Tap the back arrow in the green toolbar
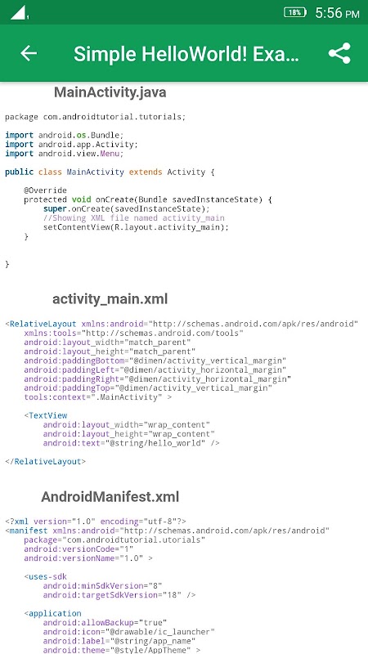[29, 53]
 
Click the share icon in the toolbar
[339, 53]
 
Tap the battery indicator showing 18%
[295, 12]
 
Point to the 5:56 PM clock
[337, 13]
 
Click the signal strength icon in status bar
[19, 12]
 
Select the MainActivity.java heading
[110, 92]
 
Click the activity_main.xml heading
[110, 299]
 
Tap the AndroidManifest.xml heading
[110, 497]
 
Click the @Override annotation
[45, 190]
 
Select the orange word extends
[146, 172]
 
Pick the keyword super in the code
[55, 209]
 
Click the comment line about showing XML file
[134, 218]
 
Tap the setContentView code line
[136, 227]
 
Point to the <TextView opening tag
[46, 415]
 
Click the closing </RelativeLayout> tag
[46, 462]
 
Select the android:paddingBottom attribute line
[155, 361]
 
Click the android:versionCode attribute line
[79, 549]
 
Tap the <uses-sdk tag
[46, 576]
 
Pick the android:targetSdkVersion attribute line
[119, 595]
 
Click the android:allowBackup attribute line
[105, 622]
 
